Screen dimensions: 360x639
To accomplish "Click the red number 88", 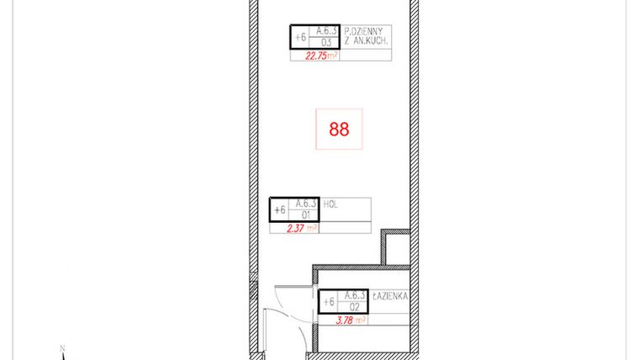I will coord(339,130).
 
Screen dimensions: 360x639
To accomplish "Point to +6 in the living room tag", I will coord(299,37).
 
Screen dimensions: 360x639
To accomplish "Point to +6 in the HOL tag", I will coord(280,209).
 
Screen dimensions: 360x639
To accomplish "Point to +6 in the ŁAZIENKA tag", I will coord(329,302).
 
